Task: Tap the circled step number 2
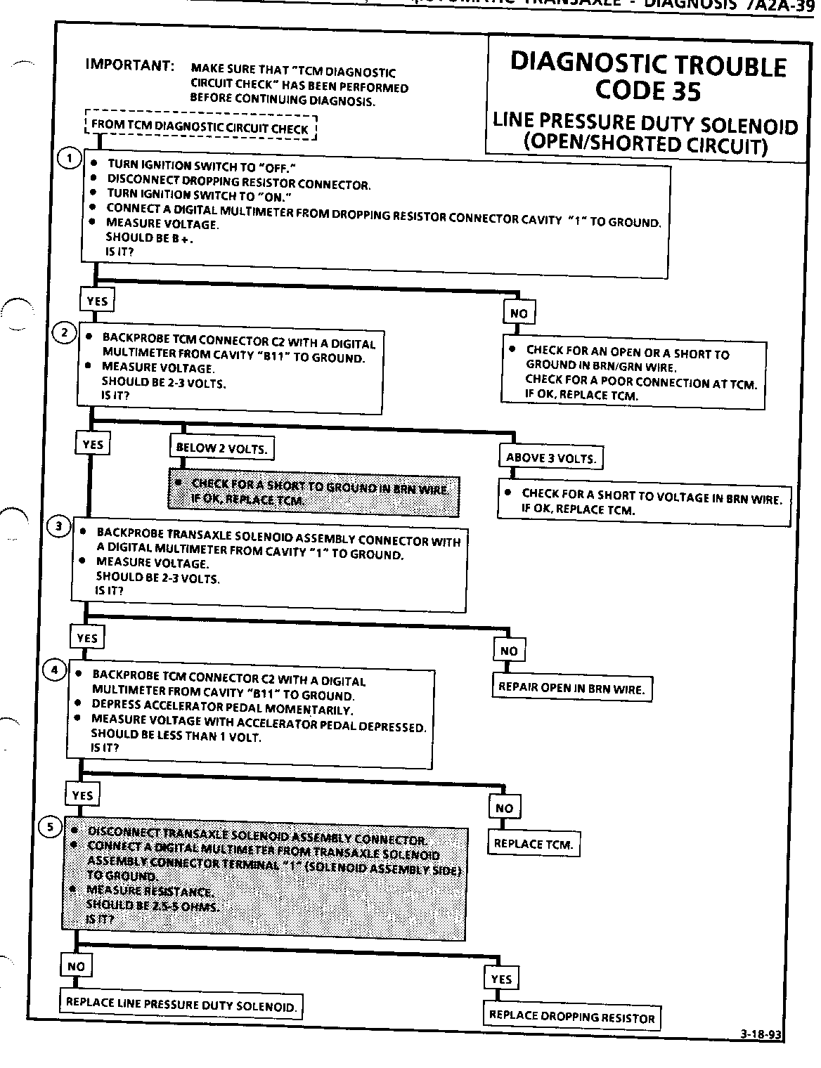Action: point(64,333)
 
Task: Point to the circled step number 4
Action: point(54,670)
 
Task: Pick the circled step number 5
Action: point(50,827)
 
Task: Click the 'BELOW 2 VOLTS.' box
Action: point(221,448)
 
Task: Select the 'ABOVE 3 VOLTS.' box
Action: point(551,458)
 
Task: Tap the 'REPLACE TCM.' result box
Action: point(534,844)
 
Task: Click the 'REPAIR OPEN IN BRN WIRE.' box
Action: point(571,689)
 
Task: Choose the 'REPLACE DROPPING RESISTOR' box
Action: point(571,1017)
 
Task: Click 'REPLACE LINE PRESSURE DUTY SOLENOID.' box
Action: point(181,1004)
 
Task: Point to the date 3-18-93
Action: point(761,1034)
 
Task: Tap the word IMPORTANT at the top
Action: point(130,65)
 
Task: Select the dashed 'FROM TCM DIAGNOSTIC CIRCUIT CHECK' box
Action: point(200,128)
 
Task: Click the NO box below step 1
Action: point(519,313)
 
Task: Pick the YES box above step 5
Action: point(82,795)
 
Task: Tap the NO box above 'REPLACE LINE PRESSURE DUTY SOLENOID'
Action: point(76,967)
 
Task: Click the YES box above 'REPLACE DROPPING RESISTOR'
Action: point(501,979)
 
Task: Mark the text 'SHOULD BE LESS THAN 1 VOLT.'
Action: point(176,737)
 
